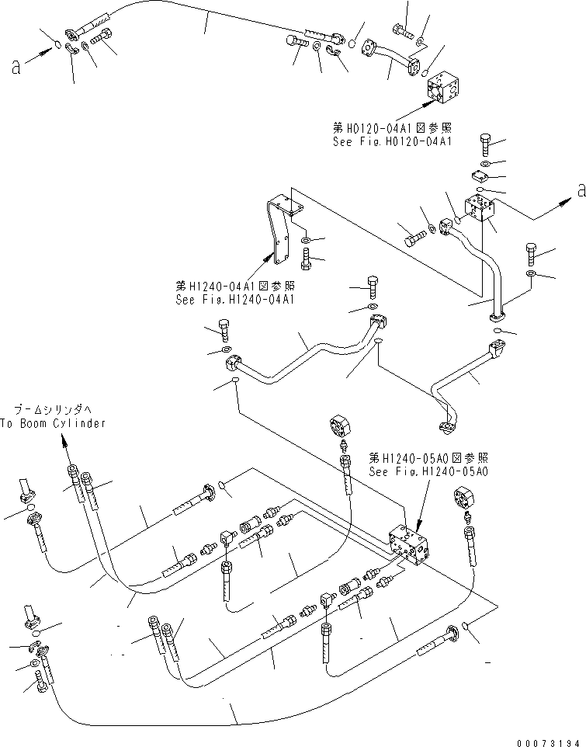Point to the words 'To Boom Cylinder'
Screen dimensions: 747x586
tap(53, 423)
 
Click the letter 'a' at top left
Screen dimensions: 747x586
tap(16, 68)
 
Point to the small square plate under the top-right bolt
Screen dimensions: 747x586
tap(483, 176)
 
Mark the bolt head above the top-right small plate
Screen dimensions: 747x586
tap(485, 142)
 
